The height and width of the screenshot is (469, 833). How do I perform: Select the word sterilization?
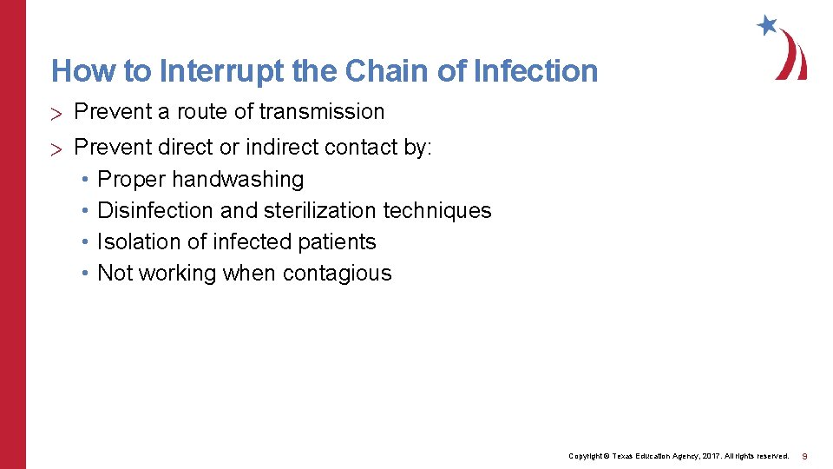pos(315,211)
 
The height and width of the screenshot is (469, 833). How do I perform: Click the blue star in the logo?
pos(767,25)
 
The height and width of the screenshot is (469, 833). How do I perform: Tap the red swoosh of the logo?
pos(792,56)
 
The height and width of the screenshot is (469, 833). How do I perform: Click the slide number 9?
pos(805,456)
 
